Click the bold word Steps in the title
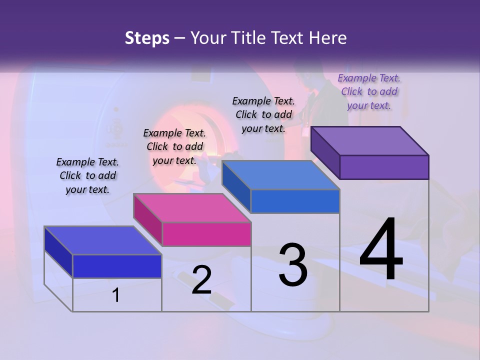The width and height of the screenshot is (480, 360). point(147,38)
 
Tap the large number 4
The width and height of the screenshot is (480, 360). point(381,249)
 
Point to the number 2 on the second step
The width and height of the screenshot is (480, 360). point(201,280)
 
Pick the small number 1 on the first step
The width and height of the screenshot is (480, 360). point(115,295)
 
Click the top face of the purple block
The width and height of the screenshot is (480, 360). point(370,140)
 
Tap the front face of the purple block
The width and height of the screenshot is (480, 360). point(384,167)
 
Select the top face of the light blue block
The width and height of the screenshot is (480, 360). point(281,175)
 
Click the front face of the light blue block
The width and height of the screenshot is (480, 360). point(295,201)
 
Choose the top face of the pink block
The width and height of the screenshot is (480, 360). point(192,208)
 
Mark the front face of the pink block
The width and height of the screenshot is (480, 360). point(206,234)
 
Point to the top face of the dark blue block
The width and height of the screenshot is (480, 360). point(103,240)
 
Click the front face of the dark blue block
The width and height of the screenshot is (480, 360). point(117,266)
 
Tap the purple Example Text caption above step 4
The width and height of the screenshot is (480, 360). point(369,91)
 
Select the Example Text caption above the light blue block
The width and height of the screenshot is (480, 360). point(263,114)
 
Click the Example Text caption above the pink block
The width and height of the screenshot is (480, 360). point(174,146)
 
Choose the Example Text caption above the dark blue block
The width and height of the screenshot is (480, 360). point(87,175)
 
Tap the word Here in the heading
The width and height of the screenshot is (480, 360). point(327,38)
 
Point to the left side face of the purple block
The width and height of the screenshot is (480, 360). point(325,152)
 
